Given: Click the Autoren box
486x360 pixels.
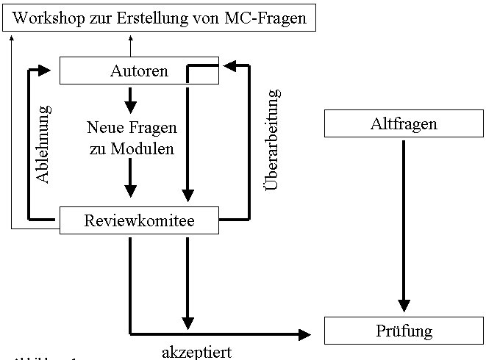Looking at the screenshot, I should pos(139,71).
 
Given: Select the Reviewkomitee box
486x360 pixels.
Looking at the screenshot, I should pos(139,220).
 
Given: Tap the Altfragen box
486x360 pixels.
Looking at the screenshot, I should pos(403,123).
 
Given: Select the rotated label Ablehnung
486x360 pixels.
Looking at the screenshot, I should pos(44,144).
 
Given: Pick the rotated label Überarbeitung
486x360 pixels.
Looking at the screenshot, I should pos(272,140).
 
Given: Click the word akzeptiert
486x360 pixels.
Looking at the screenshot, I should pos(197,352).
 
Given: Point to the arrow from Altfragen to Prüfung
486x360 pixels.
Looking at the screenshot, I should pos(403,220).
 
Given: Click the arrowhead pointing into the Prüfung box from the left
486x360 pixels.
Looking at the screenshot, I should pos(304,334).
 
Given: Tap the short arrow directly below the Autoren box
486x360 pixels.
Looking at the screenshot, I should pos(130,98).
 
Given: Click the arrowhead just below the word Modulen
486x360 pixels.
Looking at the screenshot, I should pos(130,189).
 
